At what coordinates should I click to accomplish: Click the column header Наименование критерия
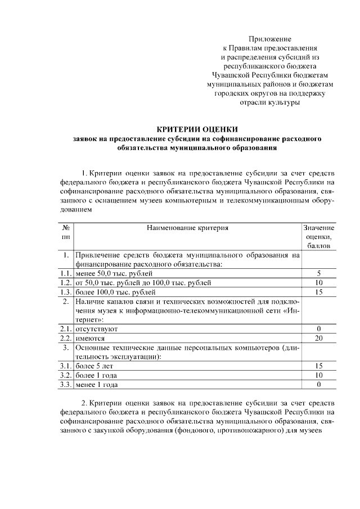coord(188,228)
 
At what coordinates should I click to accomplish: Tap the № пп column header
coord(66,232)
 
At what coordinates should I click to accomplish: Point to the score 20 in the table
coord(318,339)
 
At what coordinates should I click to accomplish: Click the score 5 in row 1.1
coord(318,273)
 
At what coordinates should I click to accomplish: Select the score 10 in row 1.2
coord(318,282)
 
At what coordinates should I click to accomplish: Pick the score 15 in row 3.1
coord(318,366)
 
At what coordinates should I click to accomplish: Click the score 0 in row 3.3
coord(318,385)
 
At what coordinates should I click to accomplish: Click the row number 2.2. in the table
coord(66,339)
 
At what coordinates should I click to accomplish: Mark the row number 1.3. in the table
coord(66,292)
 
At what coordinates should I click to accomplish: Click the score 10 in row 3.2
coord(318,375)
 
